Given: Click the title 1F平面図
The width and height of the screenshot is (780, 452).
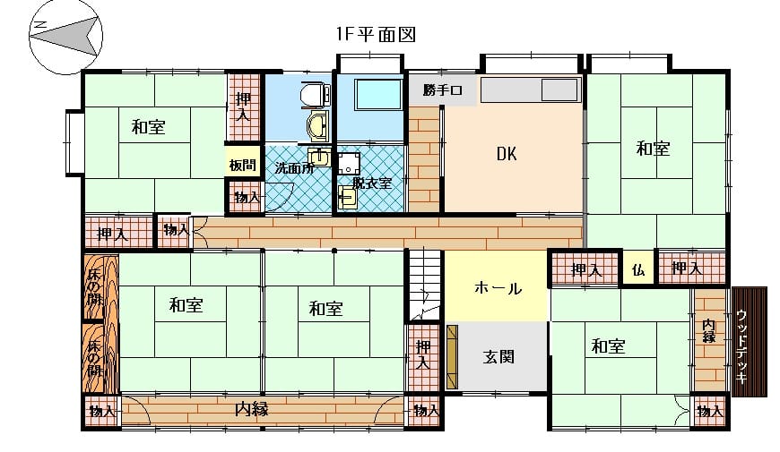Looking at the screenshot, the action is pos(376,34).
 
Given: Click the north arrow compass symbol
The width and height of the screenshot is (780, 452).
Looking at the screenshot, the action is pos(65,37).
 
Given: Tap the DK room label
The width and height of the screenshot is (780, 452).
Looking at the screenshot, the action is pos(507,153).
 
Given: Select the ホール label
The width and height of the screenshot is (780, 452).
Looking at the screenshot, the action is pos(498,288).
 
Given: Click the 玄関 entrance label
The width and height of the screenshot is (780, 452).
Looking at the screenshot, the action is pos(498,356).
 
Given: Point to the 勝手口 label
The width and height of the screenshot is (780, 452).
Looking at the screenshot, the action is pos(443,90).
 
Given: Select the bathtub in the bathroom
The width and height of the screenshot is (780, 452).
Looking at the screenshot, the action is pos(378,94).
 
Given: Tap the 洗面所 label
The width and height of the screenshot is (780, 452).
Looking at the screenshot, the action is pos(294,168).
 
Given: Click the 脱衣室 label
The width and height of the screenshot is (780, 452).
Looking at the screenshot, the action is pos(372,183).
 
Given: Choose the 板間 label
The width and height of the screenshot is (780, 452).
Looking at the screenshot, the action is pos(243,165).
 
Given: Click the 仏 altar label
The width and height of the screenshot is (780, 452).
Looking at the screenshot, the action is pos(638,269).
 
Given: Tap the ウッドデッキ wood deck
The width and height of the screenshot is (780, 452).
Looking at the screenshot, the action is pos(750,342).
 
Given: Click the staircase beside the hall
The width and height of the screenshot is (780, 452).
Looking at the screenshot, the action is pos(425,285).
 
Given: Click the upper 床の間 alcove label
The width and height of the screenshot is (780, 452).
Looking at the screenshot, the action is pos(94,286).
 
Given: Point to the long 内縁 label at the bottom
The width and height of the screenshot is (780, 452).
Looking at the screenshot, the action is pos(252,409).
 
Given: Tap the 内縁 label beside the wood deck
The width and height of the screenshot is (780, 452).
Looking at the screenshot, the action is pos(709,331).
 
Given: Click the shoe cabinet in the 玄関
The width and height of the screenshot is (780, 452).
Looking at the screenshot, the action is pos(452,356).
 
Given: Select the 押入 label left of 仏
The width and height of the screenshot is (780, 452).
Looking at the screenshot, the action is pos(587,269).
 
